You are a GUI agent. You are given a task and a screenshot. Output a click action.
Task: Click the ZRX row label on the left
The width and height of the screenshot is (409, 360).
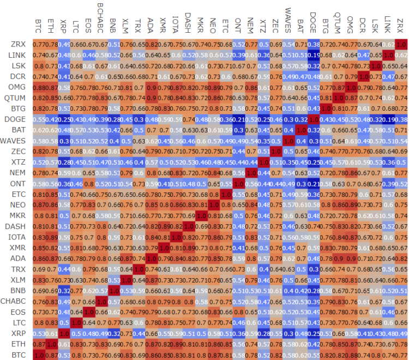(x=16, y=44)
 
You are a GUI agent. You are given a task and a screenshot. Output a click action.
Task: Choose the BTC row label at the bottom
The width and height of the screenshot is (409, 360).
(x=17, y=355)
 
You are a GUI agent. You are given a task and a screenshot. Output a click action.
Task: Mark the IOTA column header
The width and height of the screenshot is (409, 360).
(x=175, y=24)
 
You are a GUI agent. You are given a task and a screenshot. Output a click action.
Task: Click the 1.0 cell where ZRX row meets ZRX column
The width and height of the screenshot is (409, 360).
(x=401, y=44)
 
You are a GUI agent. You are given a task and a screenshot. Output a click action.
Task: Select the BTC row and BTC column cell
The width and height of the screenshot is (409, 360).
(x=38, y=355)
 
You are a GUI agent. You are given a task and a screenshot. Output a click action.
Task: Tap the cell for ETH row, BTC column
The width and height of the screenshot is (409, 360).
(x=38, y=344)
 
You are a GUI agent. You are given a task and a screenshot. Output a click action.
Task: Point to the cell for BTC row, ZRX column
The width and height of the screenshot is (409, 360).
(x=401, y=355)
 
